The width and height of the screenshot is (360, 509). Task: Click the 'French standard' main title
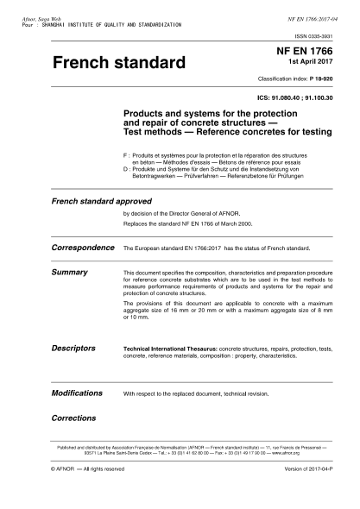click(119, 64)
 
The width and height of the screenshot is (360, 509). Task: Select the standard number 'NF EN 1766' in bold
click(309, 53)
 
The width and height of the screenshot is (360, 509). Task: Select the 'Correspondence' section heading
click(84, 247)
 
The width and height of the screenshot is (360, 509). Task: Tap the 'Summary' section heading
click(71, 272)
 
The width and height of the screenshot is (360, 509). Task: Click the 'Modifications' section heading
click(78, 393)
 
